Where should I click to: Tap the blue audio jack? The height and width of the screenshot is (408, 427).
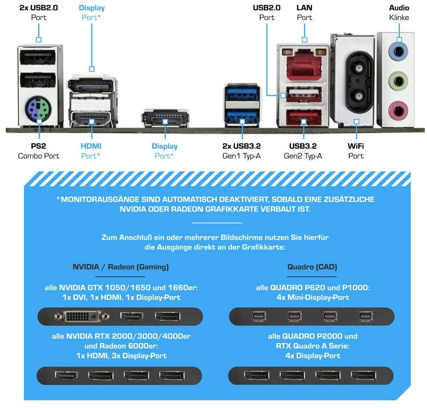point(398,51)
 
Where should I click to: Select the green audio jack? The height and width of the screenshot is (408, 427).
point(398,80)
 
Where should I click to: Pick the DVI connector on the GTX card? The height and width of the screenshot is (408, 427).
point(81,316)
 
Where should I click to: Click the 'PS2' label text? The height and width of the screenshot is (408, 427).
point(38,146)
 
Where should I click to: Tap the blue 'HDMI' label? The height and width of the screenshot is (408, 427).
point(91,146)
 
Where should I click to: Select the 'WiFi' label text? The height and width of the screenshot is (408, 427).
point(356,146)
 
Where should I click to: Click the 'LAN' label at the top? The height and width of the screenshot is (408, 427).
point(304,7)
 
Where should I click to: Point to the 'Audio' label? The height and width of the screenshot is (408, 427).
point(399,7)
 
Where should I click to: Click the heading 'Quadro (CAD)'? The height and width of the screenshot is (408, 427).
point(312,266)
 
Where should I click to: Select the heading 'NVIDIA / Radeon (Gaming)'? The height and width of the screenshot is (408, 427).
point(121,266)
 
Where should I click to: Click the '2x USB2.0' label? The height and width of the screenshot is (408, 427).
point(39,7)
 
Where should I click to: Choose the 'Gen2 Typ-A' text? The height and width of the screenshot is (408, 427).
point(303,156)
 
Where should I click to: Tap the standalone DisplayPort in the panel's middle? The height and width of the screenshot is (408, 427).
point(164,118)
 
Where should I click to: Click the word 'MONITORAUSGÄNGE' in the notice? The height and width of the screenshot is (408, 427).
point(99,199)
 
